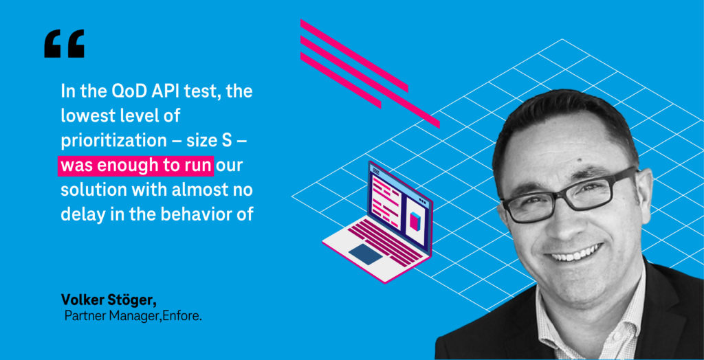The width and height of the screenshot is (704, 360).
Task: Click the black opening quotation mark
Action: (x=64, y=43)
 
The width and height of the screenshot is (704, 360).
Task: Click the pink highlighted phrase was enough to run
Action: (x=135, y=166)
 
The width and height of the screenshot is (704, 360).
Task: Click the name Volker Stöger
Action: (x=109, y=300)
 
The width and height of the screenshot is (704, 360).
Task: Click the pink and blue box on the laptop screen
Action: (x=413, y=221)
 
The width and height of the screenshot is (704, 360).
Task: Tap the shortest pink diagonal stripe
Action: (x=340, y=80)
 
